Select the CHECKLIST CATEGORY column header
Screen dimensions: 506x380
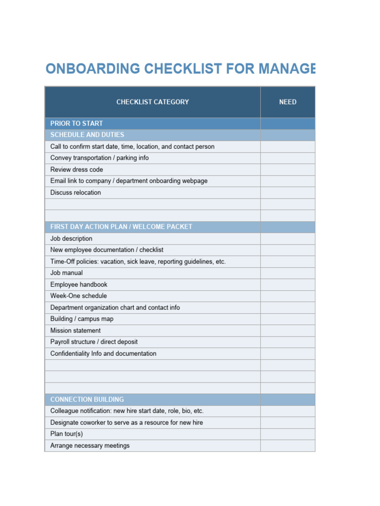[x=152, y=102]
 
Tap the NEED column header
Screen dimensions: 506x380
[x=287, y=102]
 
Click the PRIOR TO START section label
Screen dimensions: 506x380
[x=77, y=124]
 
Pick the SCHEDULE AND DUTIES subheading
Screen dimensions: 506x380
[x=87, y=135]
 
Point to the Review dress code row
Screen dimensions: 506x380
[x=77, y=169]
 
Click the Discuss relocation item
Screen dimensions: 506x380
[x=75, y=193]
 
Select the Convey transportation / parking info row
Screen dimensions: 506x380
[x=99, y=158]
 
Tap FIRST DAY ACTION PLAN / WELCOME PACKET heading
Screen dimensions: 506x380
[x=121, y=227]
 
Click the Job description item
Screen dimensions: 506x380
[x=71, y=239]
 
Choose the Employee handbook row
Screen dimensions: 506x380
[x=79, y=285]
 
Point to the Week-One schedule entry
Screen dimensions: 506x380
[x=78, y=296]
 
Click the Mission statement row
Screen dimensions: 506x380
[x=75, y=331]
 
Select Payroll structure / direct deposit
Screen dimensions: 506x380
[x=94, y=342]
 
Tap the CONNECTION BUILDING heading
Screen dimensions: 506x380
[x=87, y=399]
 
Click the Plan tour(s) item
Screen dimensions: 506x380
[x=66, y=434]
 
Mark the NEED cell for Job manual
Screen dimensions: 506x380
[x=287, y=273]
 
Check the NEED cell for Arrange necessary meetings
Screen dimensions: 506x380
[x=287, y=446]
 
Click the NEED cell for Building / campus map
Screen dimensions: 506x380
[x=287, y=319]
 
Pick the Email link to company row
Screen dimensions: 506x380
[x=129, y=181]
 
